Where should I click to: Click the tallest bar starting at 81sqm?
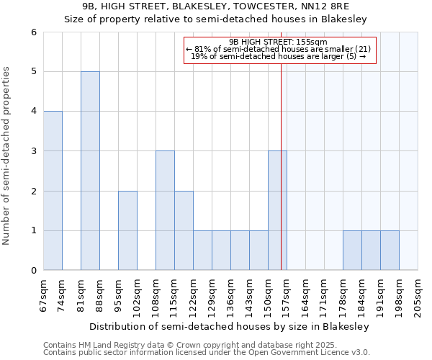(90, 171)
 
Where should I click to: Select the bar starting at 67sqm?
(53, 191)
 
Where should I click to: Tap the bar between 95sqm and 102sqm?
(127, 230)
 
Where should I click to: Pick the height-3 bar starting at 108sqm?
(165, 210)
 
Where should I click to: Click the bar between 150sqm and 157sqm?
(277, 210)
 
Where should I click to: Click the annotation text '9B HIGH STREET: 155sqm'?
(280, 42)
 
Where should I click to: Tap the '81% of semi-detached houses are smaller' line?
(280, 50)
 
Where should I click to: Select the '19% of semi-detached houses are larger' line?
(280, 58)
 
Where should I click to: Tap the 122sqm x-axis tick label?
(193, 295)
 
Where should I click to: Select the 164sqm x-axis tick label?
(305, 295)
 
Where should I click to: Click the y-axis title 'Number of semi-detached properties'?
(7, 156)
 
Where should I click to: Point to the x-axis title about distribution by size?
(230, 326)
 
